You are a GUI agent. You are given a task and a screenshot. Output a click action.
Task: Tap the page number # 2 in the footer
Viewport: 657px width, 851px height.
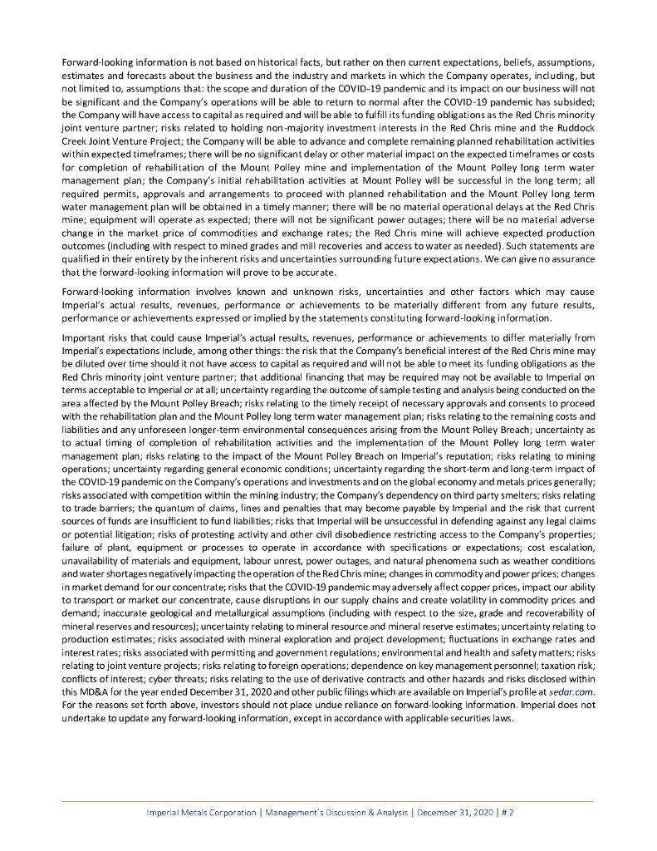(x=505, y=815)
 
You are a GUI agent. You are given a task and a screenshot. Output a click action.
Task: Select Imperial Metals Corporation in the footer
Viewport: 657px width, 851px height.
(x=199, y=815)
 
